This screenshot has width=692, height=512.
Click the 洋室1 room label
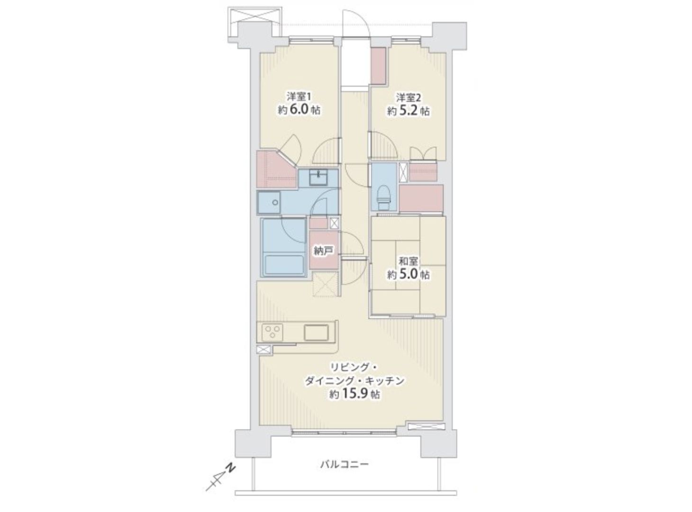pyautogui.click(x=299, y=96)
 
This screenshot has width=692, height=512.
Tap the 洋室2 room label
pyautogui.click(x=409, y=98)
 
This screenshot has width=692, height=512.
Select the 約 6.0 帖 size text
pyautogui.click(x=299, y=110)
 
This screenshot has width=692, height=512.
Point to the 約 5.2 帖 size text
pyautogui.click(x=409, y=111)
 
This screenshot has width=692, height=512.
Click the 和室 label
pyautogui.click(x=409, y=261)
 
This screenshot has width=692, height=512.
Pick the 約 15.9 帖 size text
pyautogui.click(x=355, y=394)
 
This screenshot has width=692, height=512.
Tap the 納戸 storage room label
pyautogui.click(x=324, y=251)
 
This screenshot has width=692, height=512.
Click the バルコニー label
pyautogui.click(x=345, y=473)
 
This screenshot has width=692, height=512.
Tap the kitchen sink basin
pyautogui.click(x=316, y=333)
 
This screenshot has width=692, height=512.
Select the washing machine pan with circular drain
pyautogui.click(x=269, y=202)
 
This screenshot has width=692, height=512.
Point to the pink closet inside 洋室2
pyautogui.click(x=378, y=65)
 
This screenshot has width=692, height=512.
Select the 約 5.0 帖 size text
pyautogui.click(x=409, y=274)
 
